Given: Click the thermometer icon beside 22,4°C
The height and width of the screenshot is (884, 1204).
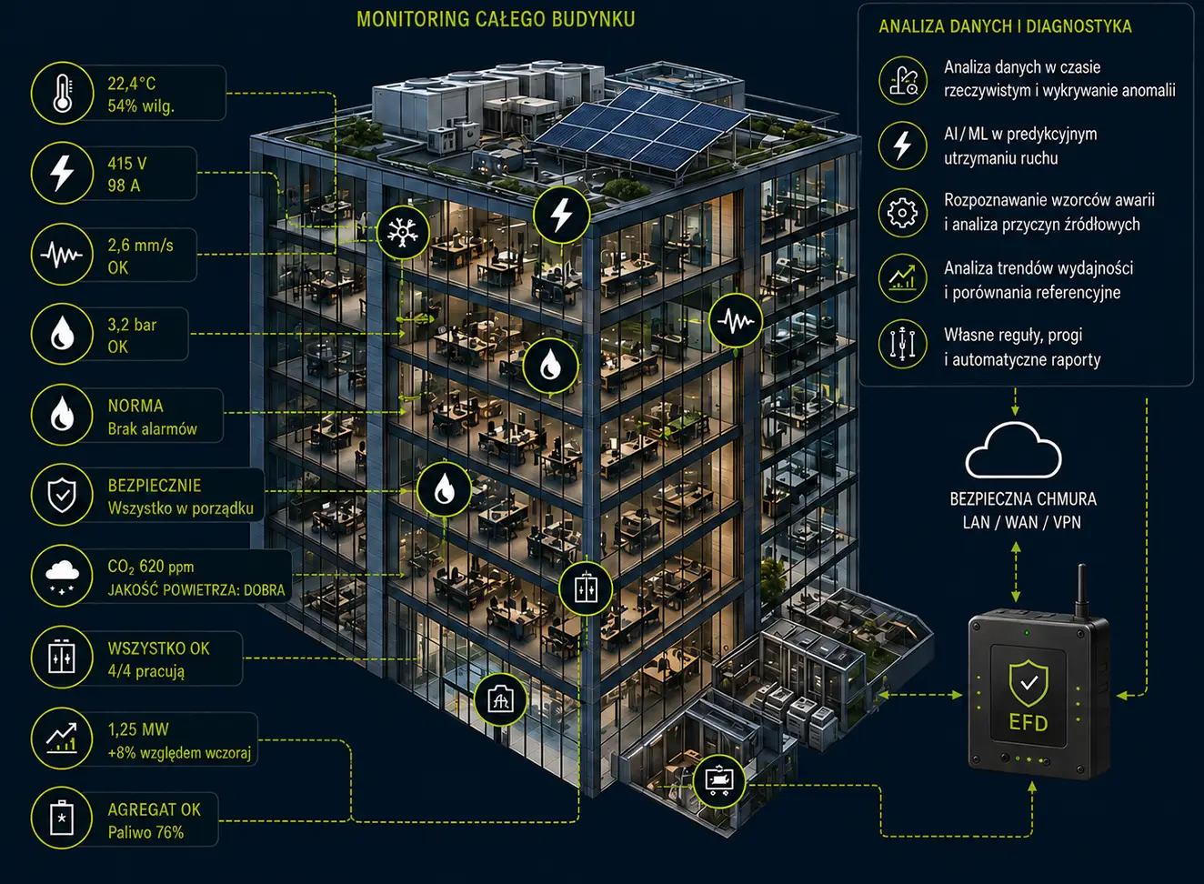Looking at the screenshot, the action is pos(63,93).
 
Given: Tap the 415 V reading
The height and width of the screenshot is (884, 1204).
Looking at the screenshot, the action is pos(126,163).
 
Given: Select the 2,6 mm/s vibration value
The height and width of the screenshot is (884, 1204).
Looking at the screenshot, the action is pos(140,246).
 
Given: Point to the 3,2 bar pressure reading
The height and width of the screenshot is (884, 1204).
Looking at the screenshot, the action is pos(132,325).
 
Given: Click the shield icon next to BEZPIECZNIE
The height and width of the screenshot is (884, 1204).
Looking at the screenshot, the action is pos(63,495).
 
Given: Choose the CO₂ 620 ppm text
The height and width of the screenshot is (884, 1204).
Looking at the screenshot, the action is pos(151,567).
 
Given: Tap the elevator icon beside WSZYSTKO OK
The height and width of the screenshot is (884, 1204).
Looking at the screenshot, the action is pos(63,657).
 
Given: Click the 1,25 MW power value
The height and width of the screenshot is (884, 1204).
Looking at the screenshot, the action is pos(138,729).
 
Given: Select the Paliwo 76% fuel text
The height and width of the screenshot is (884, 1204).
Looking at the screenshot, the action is pos(145,832).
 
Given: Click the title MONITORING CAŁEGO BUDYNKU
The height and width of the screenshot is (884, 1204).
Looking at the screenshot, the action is pos(496,19).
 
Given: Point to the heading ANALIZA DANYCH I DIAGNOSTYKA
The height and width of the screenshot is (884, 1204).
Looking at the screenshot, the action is pos(1005,26).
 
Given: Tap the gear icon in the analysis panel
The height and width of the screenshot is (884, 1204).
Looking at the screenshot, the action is pos(902,213).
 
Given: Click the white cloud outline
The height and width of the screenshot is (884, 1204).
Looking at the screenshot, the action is pos(1013,450).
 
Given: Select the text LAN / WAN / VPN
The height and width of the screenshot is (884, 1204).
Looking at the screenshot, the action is pos(1022,522).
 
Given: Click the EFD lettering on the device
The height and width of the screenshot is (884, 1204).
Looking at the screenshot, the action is pos(1028,723).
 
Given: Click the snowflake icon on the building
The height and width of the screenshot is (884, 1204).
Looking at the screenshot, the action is pos(403,233).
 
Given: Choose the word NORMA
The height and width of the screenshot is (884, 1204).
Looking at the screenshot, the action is pos(135,406).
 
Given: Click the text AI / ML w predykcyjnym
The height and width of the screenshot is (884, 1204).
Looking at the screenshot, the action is pos(1020,135).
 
